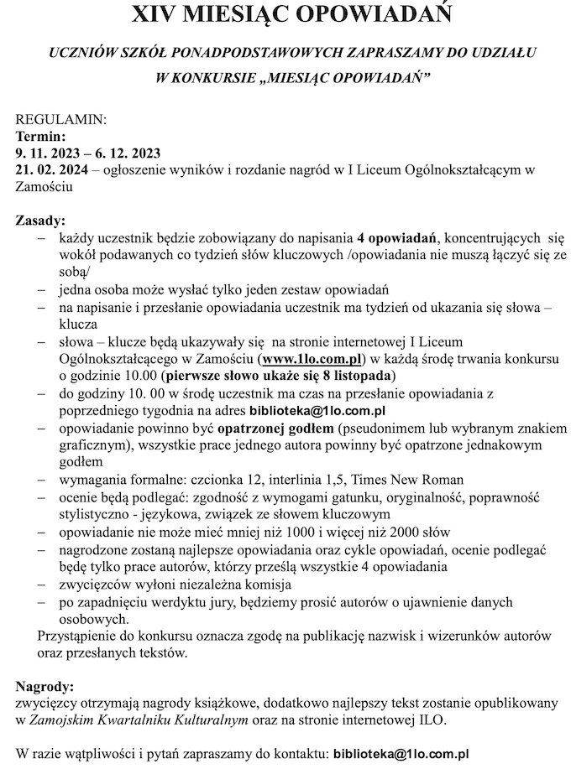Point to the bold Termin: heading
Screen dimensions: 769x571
pyautogui.click(x=40, y=136)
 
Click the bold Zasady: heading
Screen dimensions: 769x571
pyautogui.click(x=40, y=221)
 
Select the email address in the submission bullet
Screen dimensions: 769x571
pyautogui.click(x=317, y=411)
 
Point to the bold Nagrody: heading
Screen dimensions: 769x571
pyautogui.click(x=45, y=685)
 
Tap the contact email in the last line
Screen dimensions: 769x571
pyautogui.click(x=401, y=754)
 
